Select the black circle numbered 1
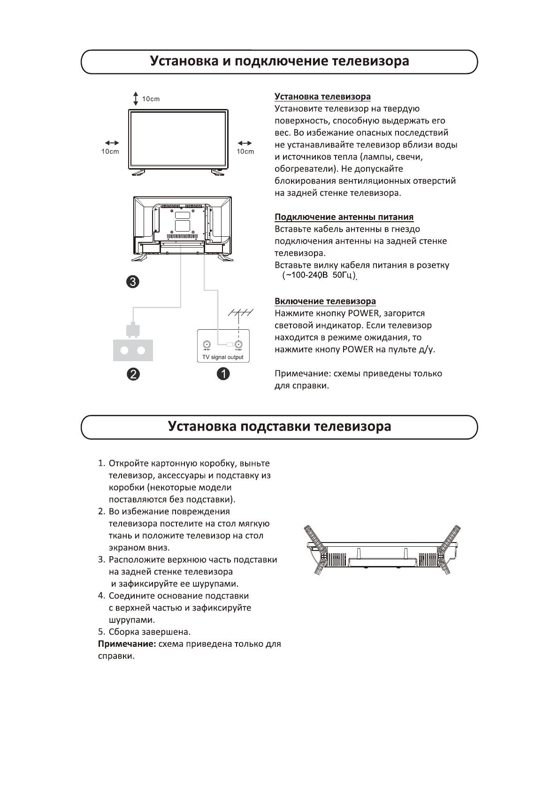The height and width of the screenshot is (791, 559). pos(222,374)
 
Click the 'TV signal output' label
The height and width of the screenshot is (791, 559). pos(223,357)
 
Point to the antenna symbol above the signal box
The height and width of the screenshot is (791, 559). pos(240,313)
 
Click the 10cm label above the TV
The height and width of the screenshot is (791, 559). pos(151,99)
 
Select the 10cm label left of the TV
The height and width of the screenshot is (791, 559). pos(110,152)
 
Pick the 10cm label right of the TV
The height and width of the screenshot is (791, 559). pos(245,152)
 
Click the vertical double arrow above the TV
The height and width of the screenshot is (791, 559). pos(135,99)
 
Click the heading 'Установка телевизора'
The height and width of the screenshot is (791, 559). pos(322,97)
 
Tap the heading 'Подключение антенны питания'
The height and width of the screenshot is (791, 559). pos(344,217)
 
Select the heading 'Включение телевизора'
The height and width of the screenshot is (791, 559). pos(325,301)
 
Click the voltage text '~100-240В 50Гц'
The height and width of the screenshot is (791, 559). pos(319,276)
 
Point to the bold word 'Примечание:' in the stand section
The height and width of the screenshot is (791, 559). pos(127,644)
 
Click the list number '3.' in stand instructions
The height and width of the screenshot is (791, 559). pos(101,560)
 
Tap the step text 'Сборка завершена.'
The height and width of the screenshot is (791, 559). pos(150,632)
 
